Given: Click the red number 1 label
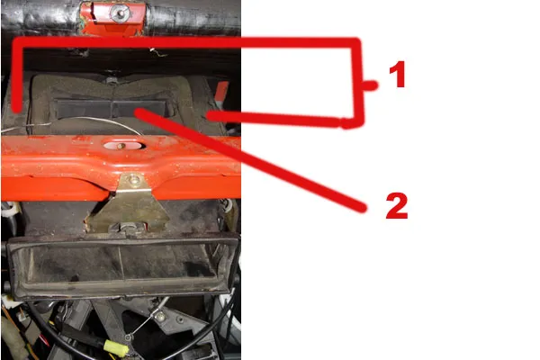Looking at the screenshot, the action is point(397,74).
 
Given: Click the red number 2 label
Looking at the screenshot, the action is point(397,205).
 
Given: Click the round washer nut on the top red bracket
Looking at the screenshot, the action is point(119,13).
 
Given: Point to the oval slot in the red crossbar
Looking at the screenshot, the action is point(123,146).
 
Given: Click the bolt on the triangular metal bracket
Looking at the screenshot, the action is point(133,179).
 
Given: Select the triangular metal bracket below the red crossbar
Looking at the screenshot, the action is point(128,203).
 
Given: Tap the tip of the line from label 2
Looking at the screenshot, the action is point(138,112).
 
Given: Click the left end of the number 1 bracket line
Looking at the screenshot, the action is point(16,109).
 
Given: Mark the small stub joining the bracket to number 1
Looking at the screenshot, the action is point(370,85).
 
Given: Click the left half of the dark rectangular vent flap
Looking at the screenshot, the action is point(84,109).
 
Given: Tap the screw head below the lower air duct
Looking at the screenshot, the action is point(159,315).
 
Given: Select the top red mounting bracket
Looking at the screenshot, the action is point(112,18).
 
